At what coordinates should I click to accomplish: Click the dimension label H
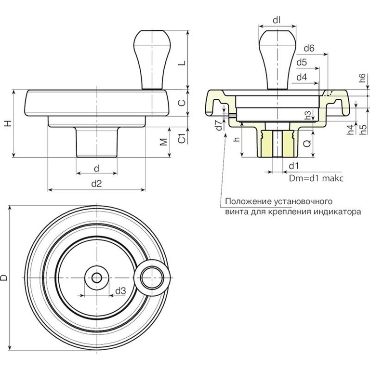[7, 123]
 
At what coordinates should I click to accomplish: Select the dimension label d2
[96, 183]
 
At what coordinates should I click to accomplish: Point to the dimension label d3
[120, 291]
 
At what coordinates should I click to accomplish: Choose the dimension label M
[164, 142]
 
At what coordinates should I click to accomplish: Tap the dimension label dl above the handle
[277, 20]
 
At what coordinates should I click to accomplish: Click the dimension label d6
[309, 48]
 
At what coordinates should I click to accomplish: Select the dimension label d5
[302, 63]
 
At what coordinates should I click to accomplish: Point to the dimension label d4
[302, 77]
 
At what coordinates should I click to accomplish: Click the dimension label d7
[219, 126]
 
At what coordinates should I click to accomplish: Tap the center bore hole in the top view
[96, 277]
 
